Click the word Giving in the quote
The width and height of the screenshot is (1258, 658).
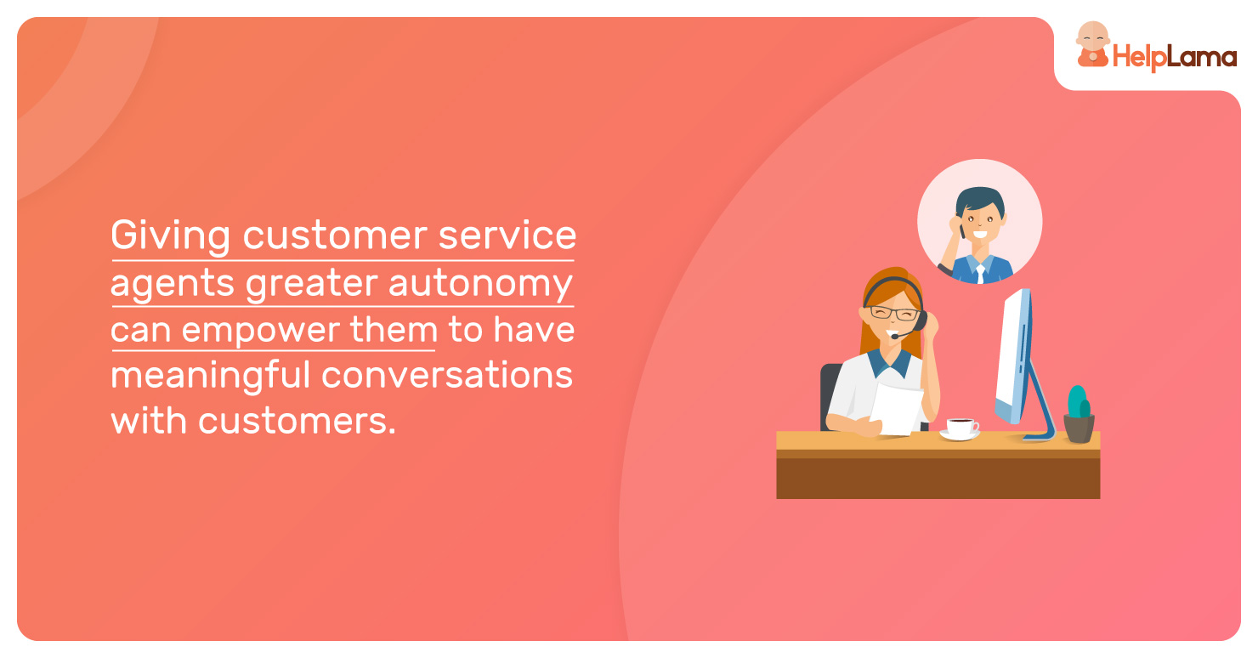point(170,235)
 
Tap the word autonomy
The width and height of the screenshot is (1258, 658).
point(481,283)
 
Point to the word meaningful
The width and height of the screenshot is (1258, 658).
point(211,376)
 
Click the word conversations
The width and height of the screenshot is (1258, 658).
point(447,375)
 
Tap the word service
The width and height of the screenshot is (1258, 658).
point(507,235)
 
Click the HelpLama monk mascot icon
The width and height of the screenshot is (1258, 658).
point(1092,45)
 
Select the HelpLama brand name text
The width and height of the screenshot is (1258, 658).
point(1175,58)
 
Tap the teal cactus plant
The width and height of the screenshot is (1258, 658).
point(1079,402)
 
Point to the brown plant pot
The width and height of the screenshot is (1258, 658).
point(1079,428)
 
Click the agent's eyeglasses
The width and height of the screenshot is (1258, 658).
point(893,313)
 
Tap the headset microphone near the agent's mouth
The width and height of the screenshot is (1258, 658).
point(895,336)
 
